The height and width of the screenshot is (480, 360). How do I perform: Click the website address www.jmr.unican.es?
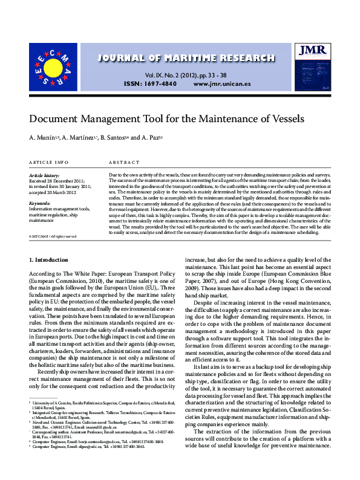(221, 83)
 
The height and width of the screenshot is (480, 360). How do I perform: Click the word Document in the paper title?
(58, 119)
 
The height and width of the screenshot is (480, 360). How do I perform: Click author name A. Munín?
(43, 140)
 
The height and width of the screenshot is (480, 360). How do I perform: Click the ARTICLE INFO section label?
(49, 163)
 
